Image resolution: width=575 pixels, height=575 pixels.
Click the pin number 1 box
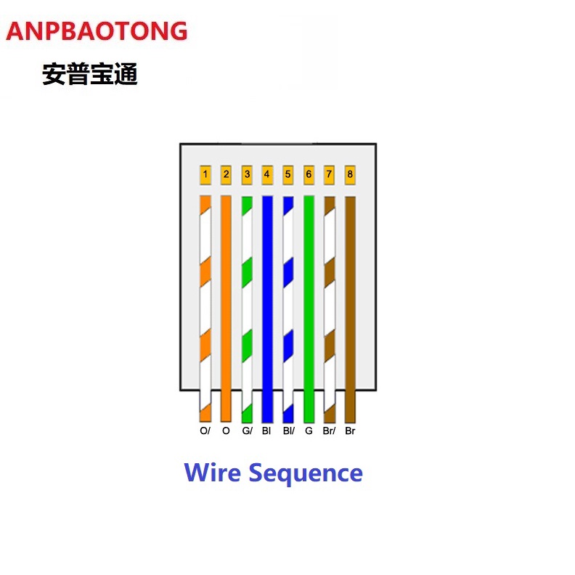pos(205,174)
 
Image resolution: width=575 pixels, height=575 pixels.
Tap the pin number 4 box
pos(267,174)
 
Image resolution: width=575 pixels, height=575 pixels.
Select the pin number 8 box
pos(350,174)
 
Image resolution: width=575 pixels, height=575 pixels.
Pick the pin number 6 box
pos(309,174)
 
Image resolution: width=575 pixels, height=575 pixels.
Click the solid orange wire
pos(226,305)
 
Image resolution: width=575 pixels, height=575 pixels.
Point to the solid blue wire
pos(267,305)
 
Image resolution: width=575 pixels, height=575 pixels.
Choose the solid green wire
pos(309,305)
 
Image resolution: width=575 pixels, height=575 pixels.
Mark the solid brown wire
pos(350,305)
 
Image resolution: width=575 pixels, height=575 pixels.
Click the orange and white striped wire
pos(205,305)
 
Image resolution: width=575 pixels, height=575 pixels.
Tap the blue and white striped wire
pos(288,305)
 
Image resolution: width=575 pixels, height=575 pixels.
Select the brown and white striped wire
pos(330,305)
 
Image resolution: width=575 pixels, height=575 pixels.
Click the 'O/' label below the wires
pos(205,431)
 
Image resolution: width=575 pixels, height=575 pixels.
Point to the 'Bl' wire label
pos(267,431)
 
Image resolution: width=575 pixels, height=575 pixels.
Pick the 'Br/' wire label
pos(329,431)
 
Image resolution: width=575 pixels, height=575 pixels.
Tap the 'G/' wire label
pos(247,431)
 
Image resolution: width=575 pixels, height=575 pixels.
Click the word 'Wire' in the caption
pos(213,473)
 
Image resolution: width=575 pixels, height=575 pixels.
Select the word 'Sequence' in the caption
pos(306,473)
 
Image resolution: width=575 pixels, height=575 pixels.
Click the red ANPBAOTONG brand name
pos(97,31)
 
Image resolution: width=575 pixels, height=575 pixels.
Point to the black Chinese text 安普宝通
pos(90,74)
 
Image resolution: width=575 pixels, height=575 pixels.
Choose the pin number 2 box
pos(226,174)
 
